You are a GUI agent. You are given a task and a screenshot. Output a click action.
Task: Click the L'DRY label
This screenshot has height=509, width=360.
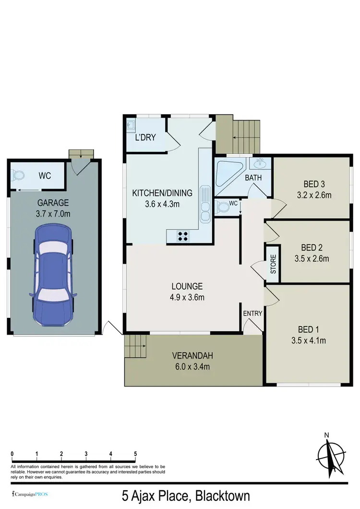click(144, 137)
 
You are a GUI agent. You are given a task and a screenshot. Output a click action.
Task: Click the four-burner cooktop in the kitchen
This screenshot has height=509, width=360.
click(183, 236)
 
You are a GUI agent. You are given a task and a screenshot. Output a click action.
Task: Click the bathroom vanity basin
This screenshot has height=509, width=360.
click(261, 163)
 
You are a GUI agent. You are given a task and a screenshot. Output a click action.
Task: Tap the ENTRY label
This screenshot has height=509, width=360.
click(252, 314)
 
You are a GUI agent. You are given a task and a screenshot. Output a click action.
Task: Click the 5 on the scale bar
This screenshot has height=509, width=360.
click(135, 453)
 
